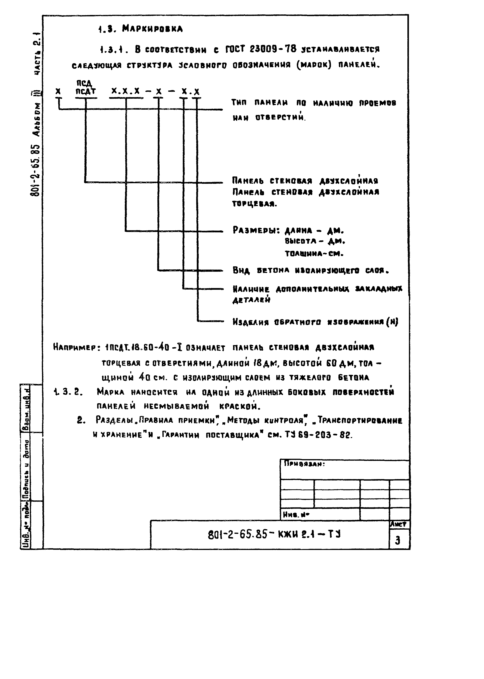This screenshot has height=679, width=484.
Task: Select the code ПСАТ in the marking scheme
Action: pos(86,92)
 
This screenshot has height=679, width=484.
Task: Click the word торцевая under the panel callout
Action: pos(254,204)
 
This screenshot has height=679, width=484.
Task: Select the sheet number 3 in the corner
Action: pos(398,540)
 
